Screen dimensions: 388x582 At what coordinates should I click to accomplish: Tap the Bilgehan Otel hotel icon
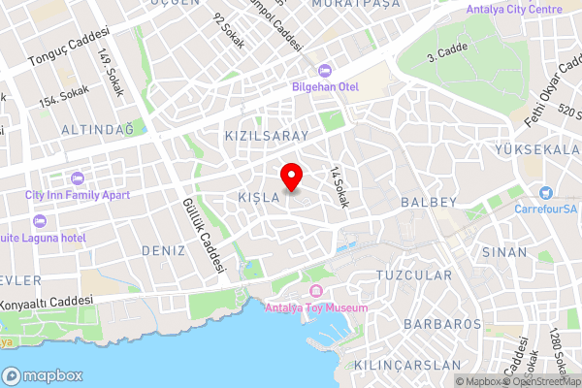click(x=324, y=70)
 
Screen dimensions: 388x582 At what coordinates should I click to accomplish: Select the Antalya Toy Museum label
click(x=316, y=308)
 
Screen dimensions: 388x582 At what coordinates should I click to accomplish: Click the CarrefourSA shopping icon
click(x=546, y=194)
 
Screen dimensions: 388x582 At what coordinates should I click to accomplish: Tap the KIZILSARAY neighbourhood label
click(x=266, y=136)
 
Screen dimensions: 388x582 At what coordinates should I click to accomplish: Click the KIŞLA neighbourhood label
click(x=258, y=197)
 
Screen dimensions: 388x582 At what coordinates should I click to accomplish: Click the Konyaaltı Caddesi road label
click(x=50, y=301)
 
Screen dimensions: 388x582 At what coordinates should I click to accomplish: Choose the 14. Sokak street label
click(x=339, y=187)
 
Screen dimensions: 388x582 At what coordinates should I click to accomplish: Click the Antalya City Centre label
click(x=513, y=10)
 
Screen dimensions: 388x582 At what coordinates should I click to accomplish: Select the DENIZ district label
click(x=162, y=250)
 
